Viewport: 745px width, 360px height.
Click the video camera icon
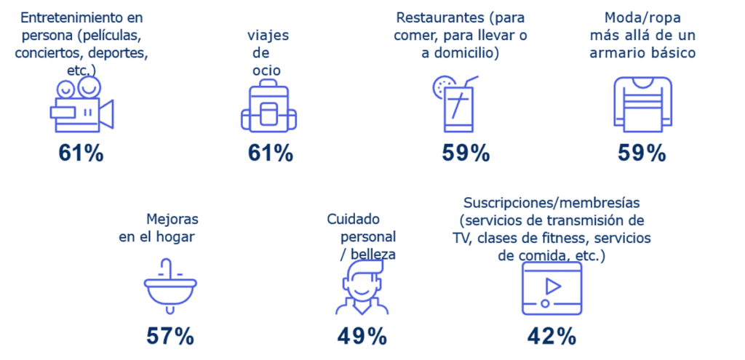tap(81, 107)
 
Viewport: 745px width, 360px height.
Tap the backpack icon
tap(269, 109)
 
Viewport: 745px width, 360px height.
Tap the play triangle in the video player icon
tap(553, 286)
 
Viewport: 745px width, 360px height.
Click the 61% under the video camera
tap(81, 153)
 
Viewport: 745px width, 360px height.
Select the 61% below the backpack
tap(270, 153)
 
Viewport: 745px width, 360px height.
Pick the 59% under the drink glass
tap(466, 153)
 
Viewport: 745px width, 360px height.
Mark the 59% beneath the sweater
tap(642, 153)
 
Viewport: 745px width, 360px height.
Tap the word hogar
tap(179, 236)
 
